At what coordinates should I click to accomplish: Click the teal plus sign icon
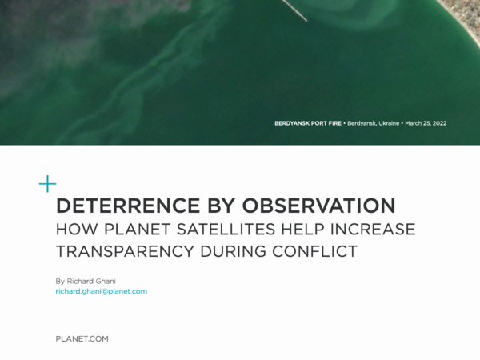pyautogui.click(x=48, y=184)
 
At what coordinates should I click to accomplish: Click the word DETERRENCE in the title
pyautogui.click(x=128, y=206)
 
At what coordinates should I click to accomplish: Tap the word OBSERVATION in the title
pyautogui.click(x=318, y=206)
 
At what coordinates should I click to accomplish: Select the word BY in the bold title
pyautogui.click(x=221, y=206)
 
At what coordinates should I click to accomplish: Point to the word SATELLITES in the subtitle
pyautogui.click(x=226, y=230)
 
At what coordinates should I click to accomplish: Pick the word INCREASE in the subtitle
pyautogui.click(x=373, y=230)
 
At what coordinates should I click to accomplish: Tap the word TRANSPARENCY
pyautogui.click(x=125, y=251)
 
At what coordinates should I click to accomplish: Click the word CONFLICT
pyautogui.click(x=314, y=251)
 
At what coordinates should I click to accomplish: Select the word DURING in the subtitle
pyautogui.click(x=233, y=251)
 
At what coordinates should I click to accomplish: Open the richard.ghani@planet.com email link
pyautogui.click(x=102, y=291)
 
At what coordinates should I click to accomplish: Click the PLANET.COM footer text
pyautogui.click(x=82, y=339)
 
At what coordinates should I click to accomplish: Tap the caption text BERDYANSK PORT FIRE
pyautogui.click(x=308, y=123)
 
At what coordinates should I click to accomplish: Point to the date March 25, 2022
pyautogui.click(x=426, y=123)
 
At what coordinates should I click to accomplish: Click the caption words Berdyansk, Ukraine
pyautogui.click(x=373, y=123)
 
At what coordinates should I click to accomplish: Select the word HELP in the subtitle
pyautogui.click(x=302, y=230)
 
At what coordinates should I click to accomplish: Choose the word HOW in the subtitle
pyautogui.click(x=77, y=230)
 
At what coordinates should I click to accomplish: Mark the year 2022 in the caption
pyautogui.click(x=439, y=123)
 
